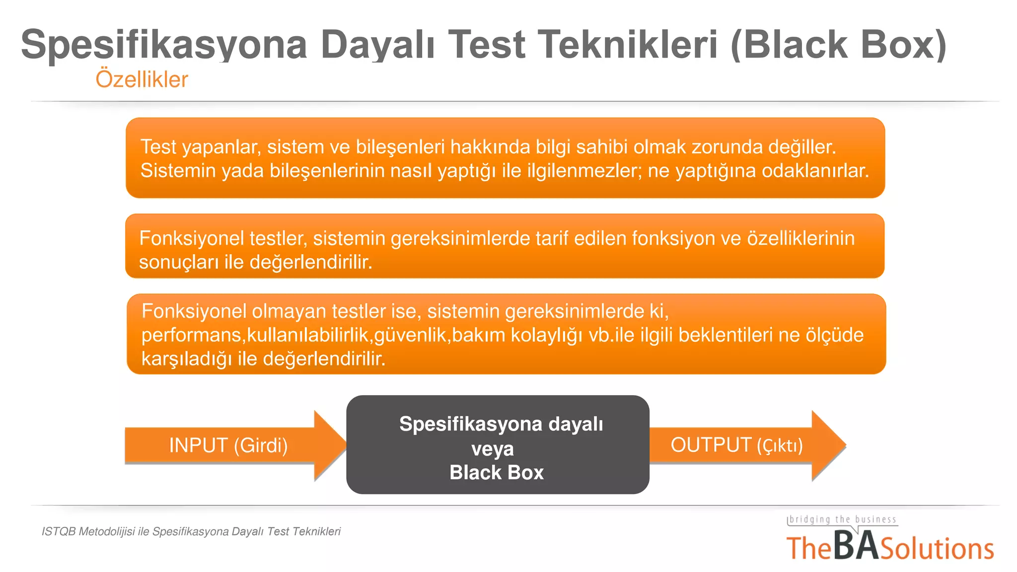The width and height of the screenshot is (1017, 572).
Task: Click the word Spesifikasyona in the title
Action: [x=164, y=45]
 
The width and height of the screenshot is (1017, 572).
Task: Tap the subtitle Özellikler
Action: [x=142, y=79]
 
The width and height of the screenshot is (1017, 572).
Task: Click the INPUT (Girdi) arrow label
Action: [x=228, y=445]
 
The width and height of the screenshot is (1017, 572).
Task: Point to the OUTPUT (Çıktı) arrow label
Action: [x=736, y=445]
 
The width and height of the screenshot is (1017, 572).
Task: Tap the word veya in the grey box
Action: [x=492, y=449]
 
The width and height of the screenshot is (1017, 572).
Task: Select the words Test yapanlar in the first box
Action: [x=200, y=147]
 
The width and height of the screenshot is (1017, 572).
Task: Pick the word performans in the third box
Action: [x=191, y=335]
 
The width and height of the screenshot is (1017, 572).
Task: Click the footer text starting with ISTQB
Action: [x=191, y=531]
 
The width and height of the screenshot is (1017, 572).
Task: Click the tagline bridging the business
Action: [x=843, y=519]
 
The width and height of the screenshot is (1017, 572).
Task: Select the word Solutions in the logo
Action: [x=937, y=549]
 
